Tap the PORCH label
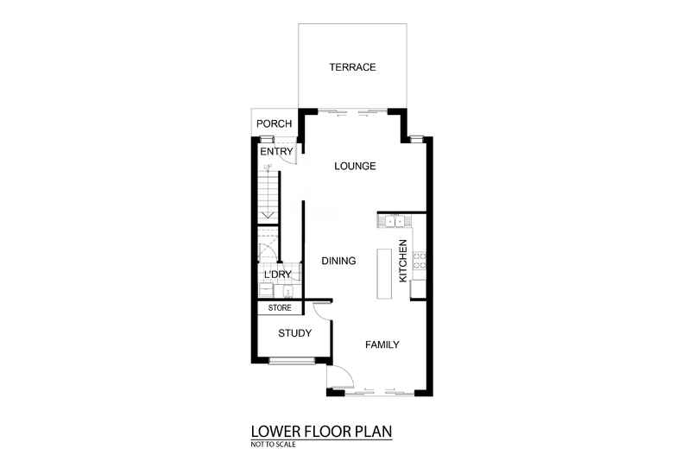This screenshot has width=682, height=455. tap(274, 123)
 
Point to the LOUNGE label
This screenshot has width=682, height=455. tap(355, 166)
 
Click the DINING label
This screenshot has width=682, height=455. tap(338, 260)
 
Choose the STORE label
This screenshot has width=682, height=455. tap(279, 308)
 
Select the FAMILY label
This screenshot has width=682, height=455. tap(382, 344)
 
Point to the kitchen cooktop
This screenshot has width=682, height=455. tap(420, 259)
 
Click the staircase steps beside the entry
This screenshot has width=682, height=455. tap(268, 195)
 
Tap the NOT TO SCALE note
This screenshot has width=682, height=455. tap(271, 443)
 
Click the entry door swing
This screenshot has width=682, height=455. tap(289, 154)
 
